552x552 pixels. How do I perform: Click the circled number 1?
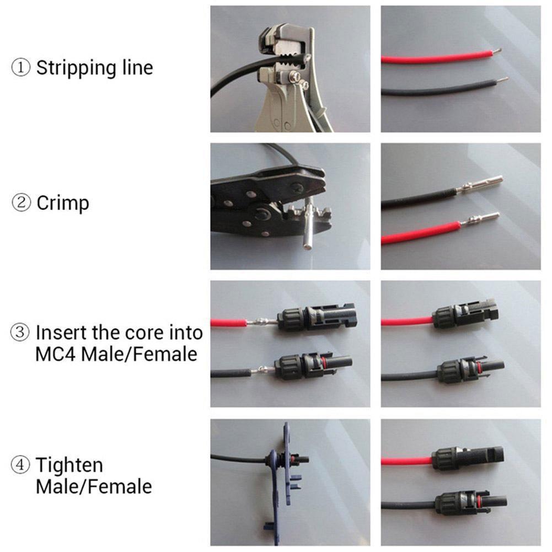coord(21,67)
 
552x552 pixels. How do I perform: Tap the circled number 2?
coord(21,203)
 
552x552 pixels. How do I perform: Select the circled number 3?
coord(20,333)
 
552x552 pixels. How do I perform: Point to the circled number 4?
coord(20,465)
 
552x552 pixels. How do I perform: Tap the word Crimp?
coord(63,203)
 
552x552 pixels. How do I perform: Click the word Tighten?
coord(69,466)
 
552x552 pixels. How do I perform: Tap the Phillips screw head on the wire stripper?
coord(295,75)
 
